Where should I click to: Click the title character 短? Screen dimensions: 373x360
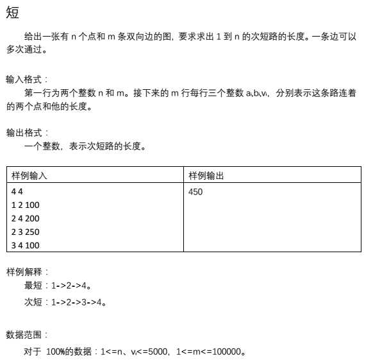(x=13, y=11)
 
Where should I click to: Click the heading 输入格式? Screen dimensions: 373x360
(x=26, y=80)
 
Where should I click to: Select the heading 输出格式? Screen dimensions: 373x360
(x=26, y=133)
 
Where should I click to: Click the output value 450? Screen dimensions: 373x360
(x=196, y=191)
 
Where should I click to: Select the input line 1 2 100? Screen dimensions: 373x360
(x=26, y=205)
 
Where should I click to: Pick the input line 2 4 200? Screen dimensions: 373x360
(x=26, y=218)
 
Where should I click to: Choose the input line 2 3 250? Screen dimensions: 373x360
(x=26, y=232)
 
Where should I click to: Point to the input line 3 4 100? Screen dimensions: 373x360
(x=26, y=245)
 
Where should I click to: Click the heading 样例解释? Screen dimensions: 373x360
(x=26, y=271)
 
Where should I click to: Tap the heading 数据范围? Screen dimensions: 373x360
(x=26, y=335)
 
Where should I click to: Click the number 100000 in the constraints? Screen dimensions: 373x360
(x=228, y=352)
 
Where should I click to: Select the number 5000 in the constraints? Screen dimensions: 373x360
(x=158, y=352)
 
